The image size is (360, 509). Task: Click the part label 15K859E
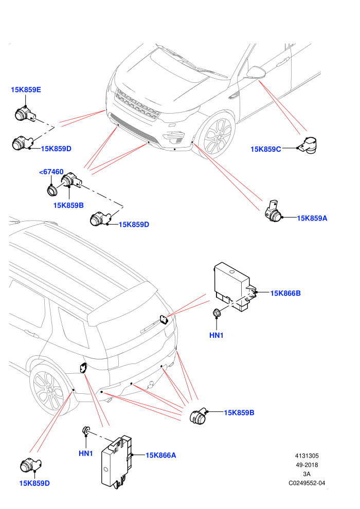click(26, 89)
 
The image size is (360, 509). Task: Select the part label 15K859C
click(265, 149)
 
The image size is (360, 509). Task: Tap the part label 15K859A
click(312, 218)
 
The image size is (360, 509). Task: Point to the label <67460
click(51, 172)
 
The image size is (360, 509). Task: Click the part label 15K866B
click(285, 293)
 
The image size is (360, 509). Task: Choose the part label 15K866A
click(160, 455)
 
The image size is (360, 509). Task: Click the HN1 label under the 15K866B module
click(217, 335)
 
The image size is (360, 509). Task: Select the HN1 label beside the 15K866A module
click(86, 453)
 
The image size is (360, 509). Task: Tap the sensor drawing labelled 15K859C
click(308, 145)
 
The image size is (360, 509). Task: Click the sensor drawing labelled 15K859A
click(273, 211)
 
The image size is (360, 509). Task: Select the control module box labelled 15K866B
click(235, 287)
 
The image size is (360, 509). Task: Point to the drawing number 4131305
click(307, 456)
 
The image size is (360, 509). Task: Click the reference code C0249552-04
click(307, 483)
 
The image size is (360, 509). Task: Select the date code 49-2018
click(307, 465)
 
